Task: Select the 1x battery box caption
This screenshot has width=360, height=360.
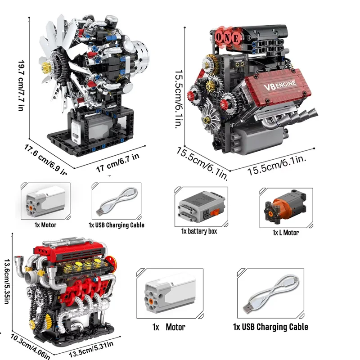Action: [199, 231]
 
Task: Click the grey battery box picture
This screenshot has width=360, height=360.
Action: [199, 205]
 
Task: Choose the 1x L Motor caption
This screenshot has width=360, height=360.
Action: [285, 233]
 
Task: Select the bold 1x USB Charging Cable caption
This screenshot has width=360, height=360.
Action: [270, 327]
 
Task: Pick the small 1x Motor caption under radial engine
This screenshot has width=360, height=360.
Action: [45, 225]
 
